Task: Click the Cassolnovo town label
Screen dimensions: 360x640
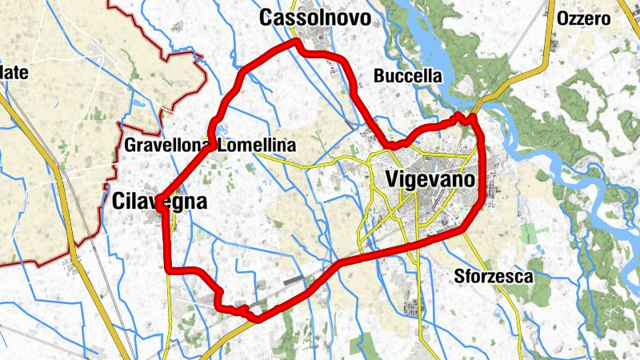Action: [x=315, y=18]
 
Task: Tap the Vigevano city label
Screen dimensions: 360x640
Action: [x=430, y=179]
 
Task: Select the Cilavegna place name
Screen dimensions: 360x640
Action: [x=157, y=202]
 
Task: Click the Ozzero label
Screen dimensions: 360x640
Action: [x=583, y=18]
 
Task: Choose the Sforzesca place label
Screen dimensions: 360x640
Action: [x=492, y=277]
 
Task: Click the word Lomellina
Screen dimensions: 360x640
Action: [x=256, y=146]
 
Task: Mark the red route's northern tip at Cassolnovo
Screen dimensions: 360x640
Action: [x=297, y=41]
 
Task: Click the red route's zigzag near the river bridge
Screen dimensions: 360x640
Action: [x=464, y=119]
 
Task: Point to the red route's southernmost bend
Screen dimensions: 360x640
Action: [x=254, y=318]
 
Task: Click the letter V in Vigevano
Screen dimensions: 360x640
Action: [x=393, y=179]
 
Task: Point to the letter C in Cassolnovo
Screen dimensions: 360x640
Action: [x=266, y=18]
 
